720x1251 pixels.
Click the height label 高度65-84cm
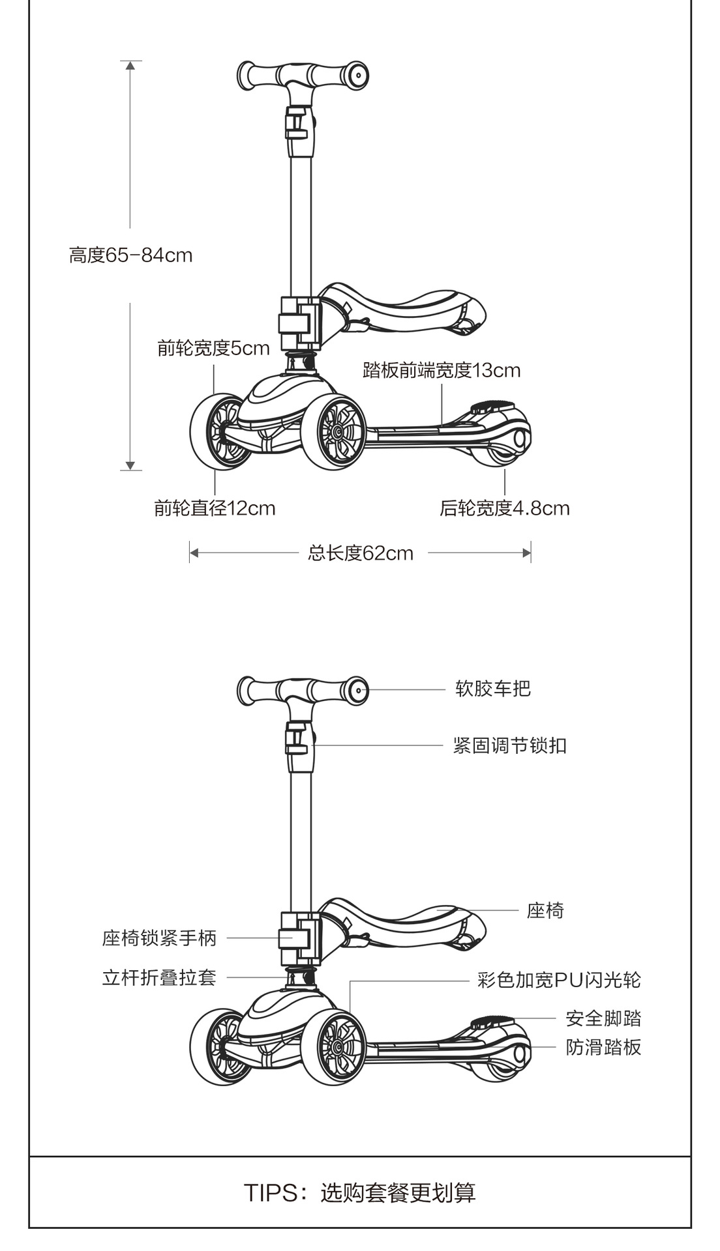130,255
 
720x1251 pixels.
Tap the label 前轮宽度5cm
213,348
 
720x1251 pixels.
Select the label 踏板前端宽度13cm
442,370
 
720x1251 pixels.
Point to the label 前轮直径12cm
215,508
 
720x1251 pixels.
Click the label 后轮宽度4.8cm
504,508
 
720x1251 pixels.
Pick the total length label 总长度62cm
361,553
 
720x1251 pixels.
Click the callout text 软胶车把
493,689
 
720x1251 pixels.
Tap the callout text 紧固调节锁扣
510,745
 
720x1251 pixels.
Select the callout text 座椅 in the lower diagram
545,910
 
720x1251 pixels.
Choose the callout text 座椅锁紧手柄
159,938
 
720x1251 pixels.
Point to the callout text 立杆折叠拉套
159,978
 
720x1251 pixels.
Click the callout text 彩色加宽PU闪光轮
559,980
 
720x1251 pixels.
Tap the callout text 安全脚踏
603,1018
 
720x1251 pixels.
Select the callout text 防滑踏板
603,1047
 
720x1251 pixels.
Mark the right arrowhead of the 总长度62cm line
526,553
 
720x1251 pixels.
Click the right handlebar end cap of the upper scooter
357,74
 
